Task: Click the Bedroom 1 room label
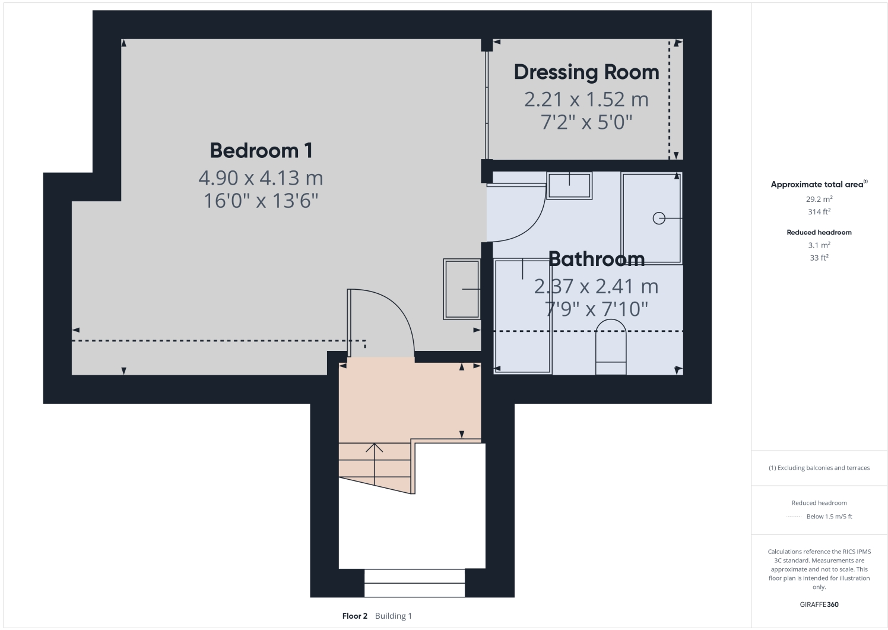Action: click(x=261, y=150)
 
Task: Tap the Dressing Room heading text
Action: click(x=586, y=72)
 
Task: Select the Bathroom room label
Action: click(x=596, y=259)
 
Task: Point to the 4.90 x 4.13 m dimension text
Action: click(x=261, y=178)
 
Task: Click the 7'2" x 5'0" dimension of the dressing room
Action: click(x=586, y=122)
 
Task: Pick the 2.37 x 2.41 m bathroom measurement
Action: click(x=596, y=286)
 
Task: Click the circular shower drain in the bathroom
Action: click(x=658, y=219)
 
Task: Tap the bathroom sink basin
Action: click(x=569, y=185)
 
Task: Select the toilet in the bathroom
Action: click(x=611, y=347)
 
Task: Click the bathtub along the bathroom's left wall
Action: click(x=523, y=316)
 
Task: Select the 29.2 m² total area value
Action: click(x=819, y=200)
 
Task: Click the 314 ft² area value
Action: click(x=819, y=212)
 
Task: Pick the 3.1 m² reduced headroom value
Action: click(x=819, y=245)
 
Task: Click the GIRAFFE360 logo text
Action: click(x=819, y=604)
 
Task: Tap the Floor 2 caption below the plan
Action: click(x=355, y=616)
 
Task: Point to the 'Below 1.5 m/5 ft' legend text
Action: click(x=829, y=517)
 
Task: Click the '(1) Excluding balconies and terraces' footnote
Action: click(x=819, y=468)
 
